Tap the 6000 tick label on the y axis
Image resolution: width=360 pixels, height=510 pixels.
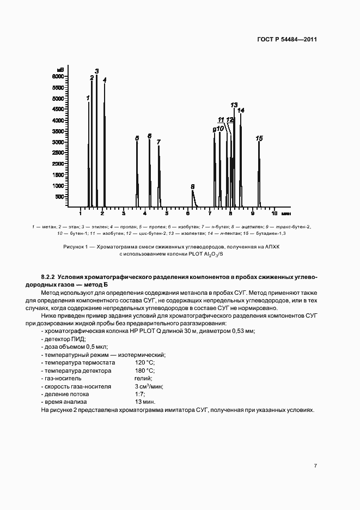click(58, 77)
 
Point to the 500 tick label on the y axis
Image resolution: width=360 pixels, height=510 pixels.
click(60, 197)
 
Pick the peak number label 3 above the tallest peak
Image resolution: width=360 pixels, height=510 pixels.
click(97, 71)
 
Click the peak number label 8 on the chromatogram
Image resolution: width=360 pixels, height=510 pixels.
click(193, 186)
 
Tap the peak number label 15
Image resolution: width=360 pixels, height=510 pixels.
click(259, 139)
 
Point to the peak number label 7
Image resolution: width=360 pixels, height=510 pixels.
click(158, 142)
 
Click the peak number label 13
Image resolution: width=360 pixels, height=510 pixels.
click(234, 105)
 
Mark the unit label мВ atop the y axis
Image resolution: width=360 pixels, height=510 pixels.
click(60, 70)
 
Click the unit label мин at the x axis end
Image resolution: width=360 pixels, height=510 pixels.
click(286, 213)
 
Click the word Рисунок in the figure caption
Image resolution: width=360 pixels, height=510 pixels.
click(74, 247)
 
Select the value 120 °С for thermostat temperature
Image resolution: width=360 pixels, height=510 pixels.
click(145, 362)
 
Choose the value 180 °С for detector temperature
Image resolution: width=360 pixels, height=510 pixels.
click(145, 371)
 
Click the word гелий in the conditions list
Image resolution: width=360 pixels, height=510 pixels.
click(143, 378)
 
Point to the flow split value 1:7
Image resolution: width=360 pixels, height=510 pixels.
click(139, 394)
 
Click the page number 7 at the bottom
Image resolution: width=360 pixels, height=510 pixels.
click(316, 466)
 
